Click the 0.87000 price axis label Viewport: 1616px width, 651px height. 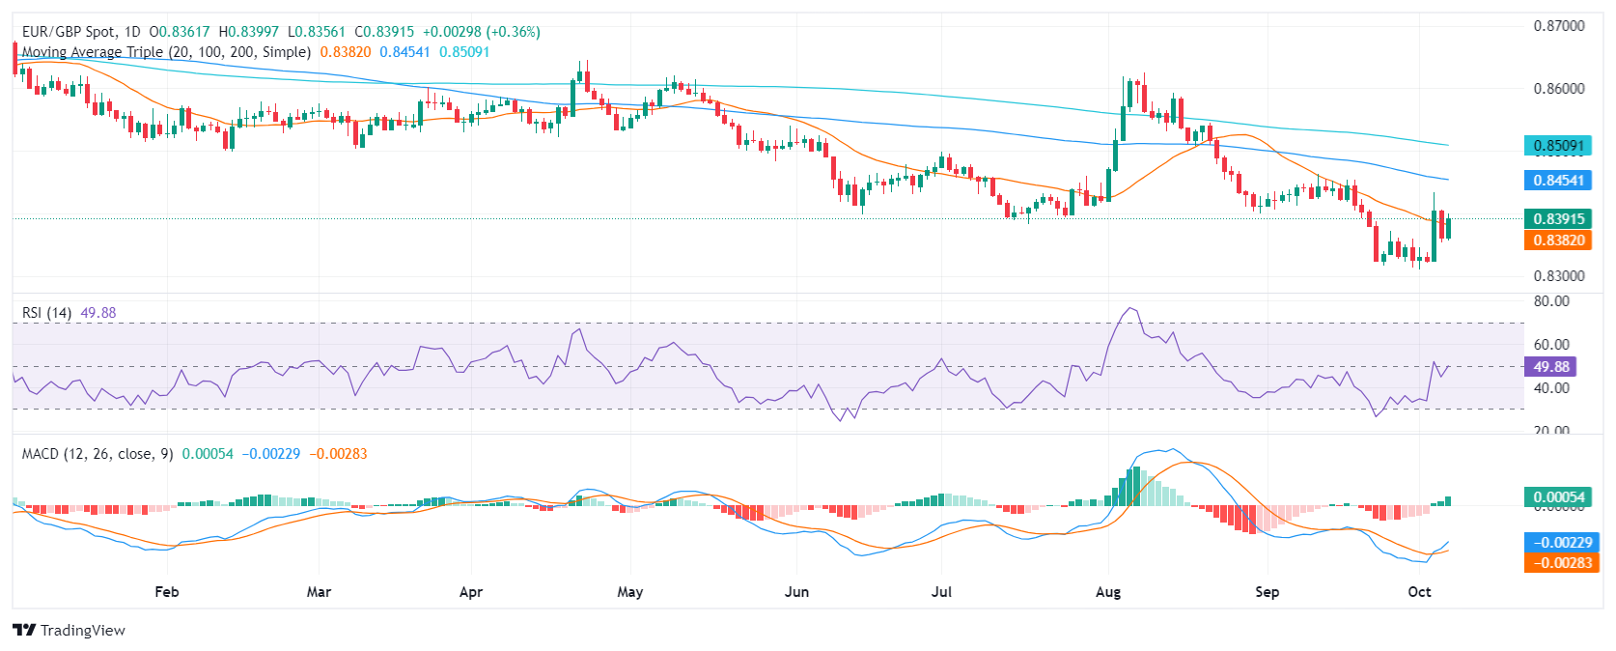tap(1558, 26)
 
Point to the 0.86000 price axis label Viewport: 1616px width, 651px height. tap(1558, 89)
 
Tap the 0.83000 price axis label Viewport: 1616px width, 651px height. tap(1558, 276)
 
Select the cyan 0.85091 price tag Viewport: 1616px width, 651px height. tap(1558, 146)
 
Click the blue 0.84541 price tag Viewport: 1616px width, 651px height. tap(1558, 181)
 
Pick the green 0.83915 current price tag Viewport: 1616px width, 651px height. tap(1558, 219)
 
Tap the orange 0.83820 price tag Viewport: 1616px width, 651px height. tap(1558, 241)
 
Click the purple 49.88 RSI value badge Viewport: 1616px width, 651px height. tap(1550, 367)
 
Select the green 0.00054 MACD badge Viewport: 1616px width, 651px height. tap(1558, 497)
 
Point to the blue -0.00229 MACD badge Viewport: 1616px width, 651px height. tap(1558, 543)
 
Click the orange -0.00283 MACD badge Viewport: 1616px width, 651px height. tap(1558, 563)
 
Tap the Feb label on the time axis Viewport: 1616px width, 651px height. tap(167, 592)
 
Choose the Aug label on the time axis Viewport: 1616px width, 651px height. tap(1108, 592)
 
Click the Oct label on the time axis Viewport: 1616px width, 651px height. tap(1419, 592)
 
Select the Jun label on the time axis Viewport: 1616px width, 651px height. tap(796, 592)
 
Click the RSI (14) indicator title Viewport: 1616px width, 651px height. tap(46, 313)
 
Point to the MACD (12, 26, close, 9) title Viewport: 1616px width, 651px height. tap(98, 454)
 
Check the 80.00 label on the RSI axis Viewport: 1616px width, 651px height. tap(1551, 301)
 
